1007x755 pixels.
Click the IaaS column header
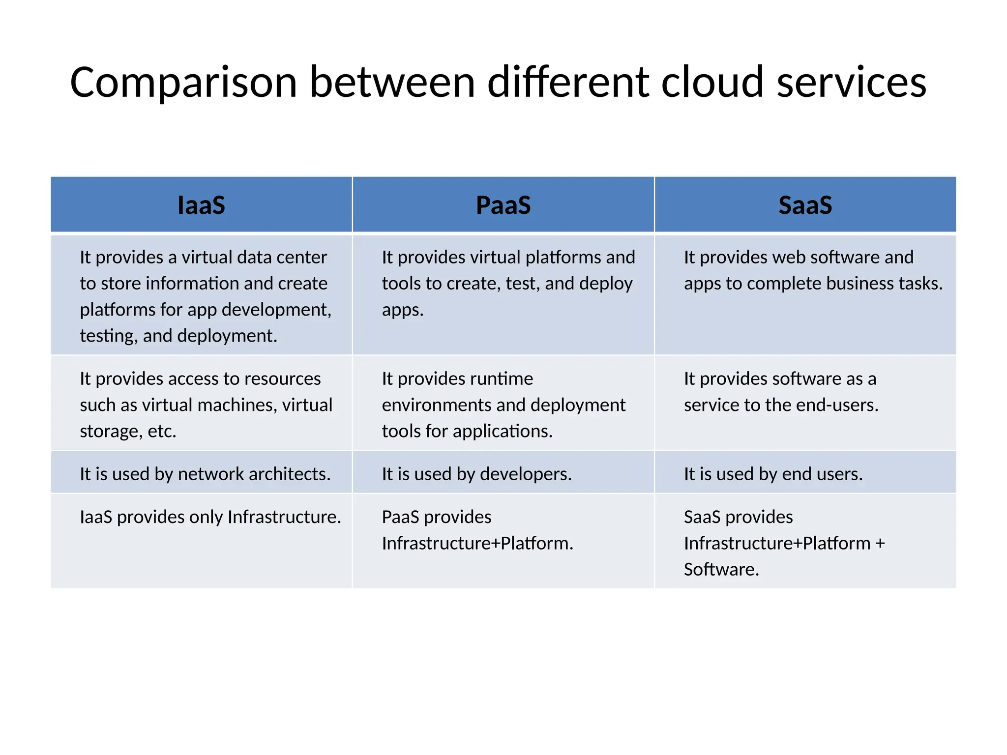coord(201,205)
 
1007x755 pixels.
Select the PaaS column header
coord(503,205)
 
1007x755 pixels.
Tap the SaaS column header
coord(805,205)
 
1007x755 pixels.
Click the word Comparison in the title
coord(183,83)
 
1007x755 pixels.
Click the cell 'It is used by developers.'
coord(476,474)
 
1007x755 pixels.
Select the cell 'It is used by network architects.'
coord(205,474)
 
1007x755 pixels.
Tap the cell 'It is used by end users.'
coord(773,474)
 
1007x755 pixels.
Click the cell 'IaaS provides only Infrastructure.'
coord(210,517)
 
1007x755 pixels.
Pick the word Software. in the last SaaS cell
coord(721,569)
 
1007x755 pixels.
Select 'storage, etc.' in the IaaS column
coord(128,431)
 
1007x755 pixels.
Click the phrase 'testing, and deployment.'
coord(178,336)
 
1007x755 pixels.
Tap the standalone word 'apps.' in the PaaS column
coord(402,310)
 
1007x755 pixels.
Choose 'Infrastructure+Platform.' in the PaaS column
coord(477,543)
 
